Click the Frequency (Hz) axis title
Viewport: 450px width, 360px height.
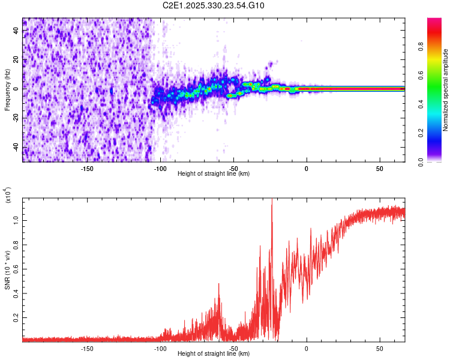pos(7,90)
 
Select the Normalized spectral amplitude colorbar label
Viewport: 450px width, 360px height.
pos(446,90)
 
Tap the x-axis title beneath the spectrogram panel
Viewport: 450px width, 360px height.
pos(214,174)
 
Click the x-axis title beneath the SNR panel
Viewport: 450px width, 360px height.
pos(214,354)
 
